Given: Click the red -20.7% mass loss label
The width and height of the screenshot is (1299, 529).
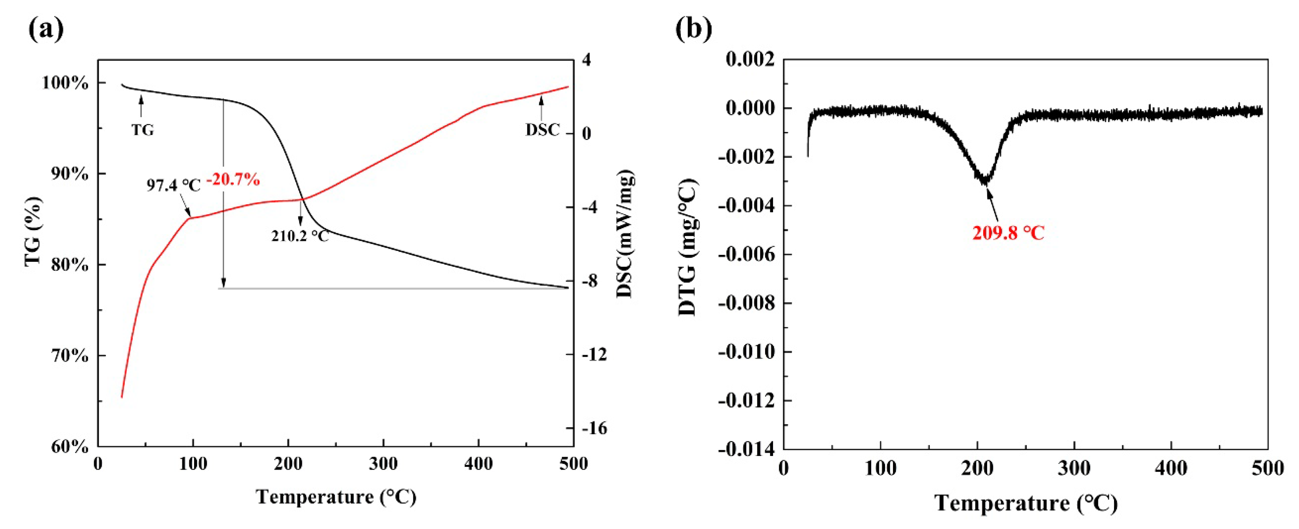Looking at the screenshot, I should point(233,179).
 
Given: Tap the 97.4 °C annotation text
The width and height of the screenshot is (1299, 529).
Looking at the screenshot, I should point(173,185).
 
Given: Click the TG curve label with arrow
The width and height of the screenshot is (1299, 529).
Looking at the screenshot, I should point(143,129).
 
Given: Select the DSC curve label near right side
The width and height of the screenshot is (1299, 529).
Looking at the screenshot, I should point(543,129).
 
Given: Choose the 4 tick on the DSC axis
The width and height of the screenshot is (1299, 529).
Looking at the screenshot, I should point(587,60).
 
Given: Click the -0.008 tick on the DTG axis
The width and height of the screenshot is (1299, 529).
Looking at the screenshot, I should point(746,303).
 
